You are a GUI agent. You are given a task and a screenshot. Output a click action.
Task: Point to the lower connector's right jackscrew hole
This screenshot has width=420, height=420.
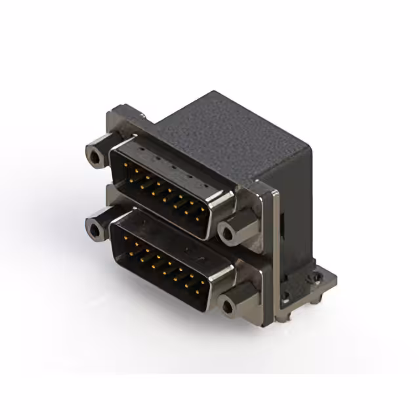[228, 306]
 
